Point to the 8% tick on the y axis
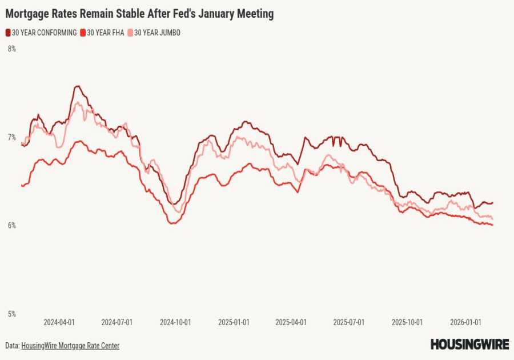coord(11,49)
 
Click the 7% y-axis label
coord(11,137)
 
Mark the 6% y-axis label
coord(11,226)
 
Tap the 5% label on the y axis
coord(11,314)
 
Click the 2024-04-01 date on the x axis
coord(59,322)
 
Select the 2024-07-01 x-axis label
coord(117,322)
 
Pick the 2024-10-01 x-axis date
coord(175,322)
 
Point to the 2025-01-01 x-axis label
coord(234,322)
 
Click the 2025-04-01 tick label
coord(291,322)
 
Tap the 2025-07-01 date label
coord(348,322)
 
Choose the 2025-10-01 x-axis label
coord(407,322)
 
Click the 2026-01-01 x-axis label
coord(465,322)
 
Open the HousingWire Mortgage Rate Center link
coord(70,346)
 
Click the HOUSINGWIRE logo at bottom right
coord(469,344)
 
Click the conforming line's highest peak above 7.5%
coord(77,86)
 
